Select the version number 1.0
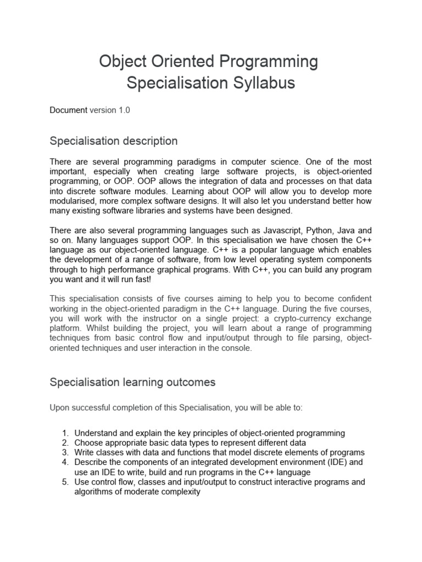(124, 110)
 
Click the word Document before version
(68, 110)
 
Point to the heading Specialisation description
(114, 141)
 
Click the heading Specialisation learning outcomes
(132, 383)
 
